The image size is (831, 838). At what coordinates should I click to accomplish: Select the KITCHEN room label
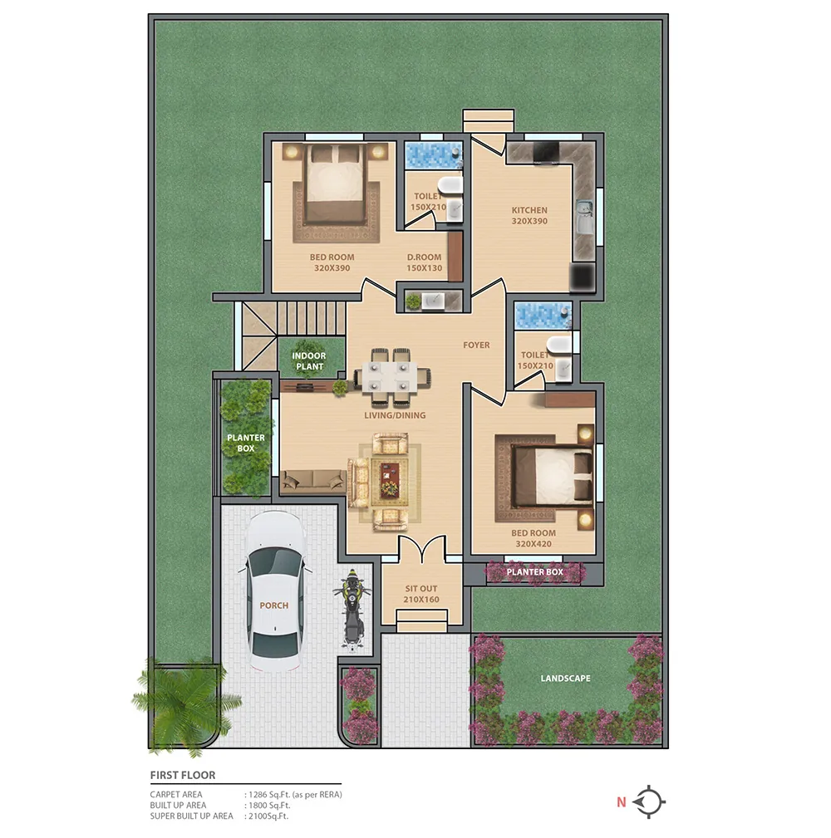pos(529,216)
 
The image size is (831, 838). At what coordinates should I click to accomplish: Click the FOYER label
pos(476,345)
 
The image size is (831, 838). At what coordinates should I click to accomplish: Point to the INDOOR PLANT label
pos(309,361)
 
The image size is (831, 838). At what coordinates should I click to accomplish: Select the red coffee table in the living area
pos(389,481)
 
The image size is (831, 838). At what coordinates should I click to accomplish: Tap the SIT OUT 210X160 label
pos(421,594)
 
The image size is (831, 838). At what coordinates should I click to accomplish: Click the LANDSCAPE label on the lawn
pos(565,679)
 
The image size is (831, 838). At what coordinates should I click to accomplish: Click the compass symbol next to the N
pos(649,802)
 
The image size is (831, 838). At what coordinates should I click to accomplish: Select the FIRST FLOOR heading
pos(182,775)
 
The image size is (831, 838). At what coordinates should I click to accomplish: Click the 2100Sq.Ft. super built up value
pos(270,816)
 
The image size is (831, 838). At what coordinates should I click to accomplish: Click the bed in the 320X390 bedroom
pos(335,183)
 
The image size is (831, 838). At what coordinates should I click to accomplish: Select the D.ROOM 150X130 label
pos(425,262)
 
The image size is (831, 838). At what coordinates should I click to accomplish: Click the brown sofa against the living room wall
pos(313,479)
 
